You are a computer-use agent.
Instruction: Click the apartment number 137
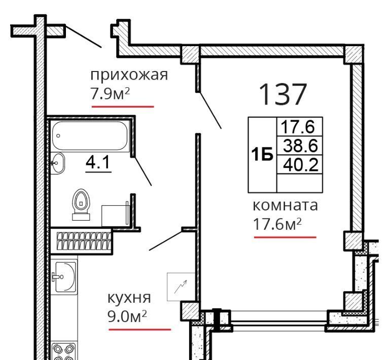(283, 94)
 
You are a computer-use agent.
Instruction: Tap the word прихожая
(129, 75)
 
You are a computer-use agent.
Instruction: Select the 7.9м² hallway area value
(110, 94)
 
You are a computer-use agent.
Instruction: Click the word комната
(286, 205)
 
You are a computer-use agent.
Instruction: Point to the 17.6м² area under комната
(277, 224)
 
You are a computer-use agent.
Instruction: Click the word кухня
(129, 298)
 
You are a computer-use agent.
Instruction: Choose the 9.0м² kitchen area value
(127, 316)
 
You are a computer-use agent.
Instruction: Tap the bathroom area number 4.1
(98, 162)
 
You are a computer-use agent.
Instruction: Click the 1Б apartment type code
(262, 154)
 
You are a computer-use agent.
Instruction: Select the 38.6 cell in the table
(300, 146)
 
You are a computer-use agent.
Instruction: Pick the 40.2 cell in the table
(300, 165)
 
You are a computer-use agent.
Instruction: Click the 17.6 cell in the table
(300, 127)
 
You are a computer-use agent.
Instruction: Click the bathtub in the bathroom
(90, 136)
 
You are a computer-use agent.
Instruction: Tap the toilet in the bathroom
(81, 204)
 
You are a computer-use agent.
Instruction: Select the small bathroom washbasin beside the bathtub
(57, 163)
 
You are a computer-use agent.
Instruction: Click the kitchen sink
(64, 277)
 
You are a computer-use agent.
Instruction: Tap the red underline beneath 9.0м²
(139, 330)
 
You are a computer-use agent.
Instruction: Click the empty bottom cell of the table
(300, 184)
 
